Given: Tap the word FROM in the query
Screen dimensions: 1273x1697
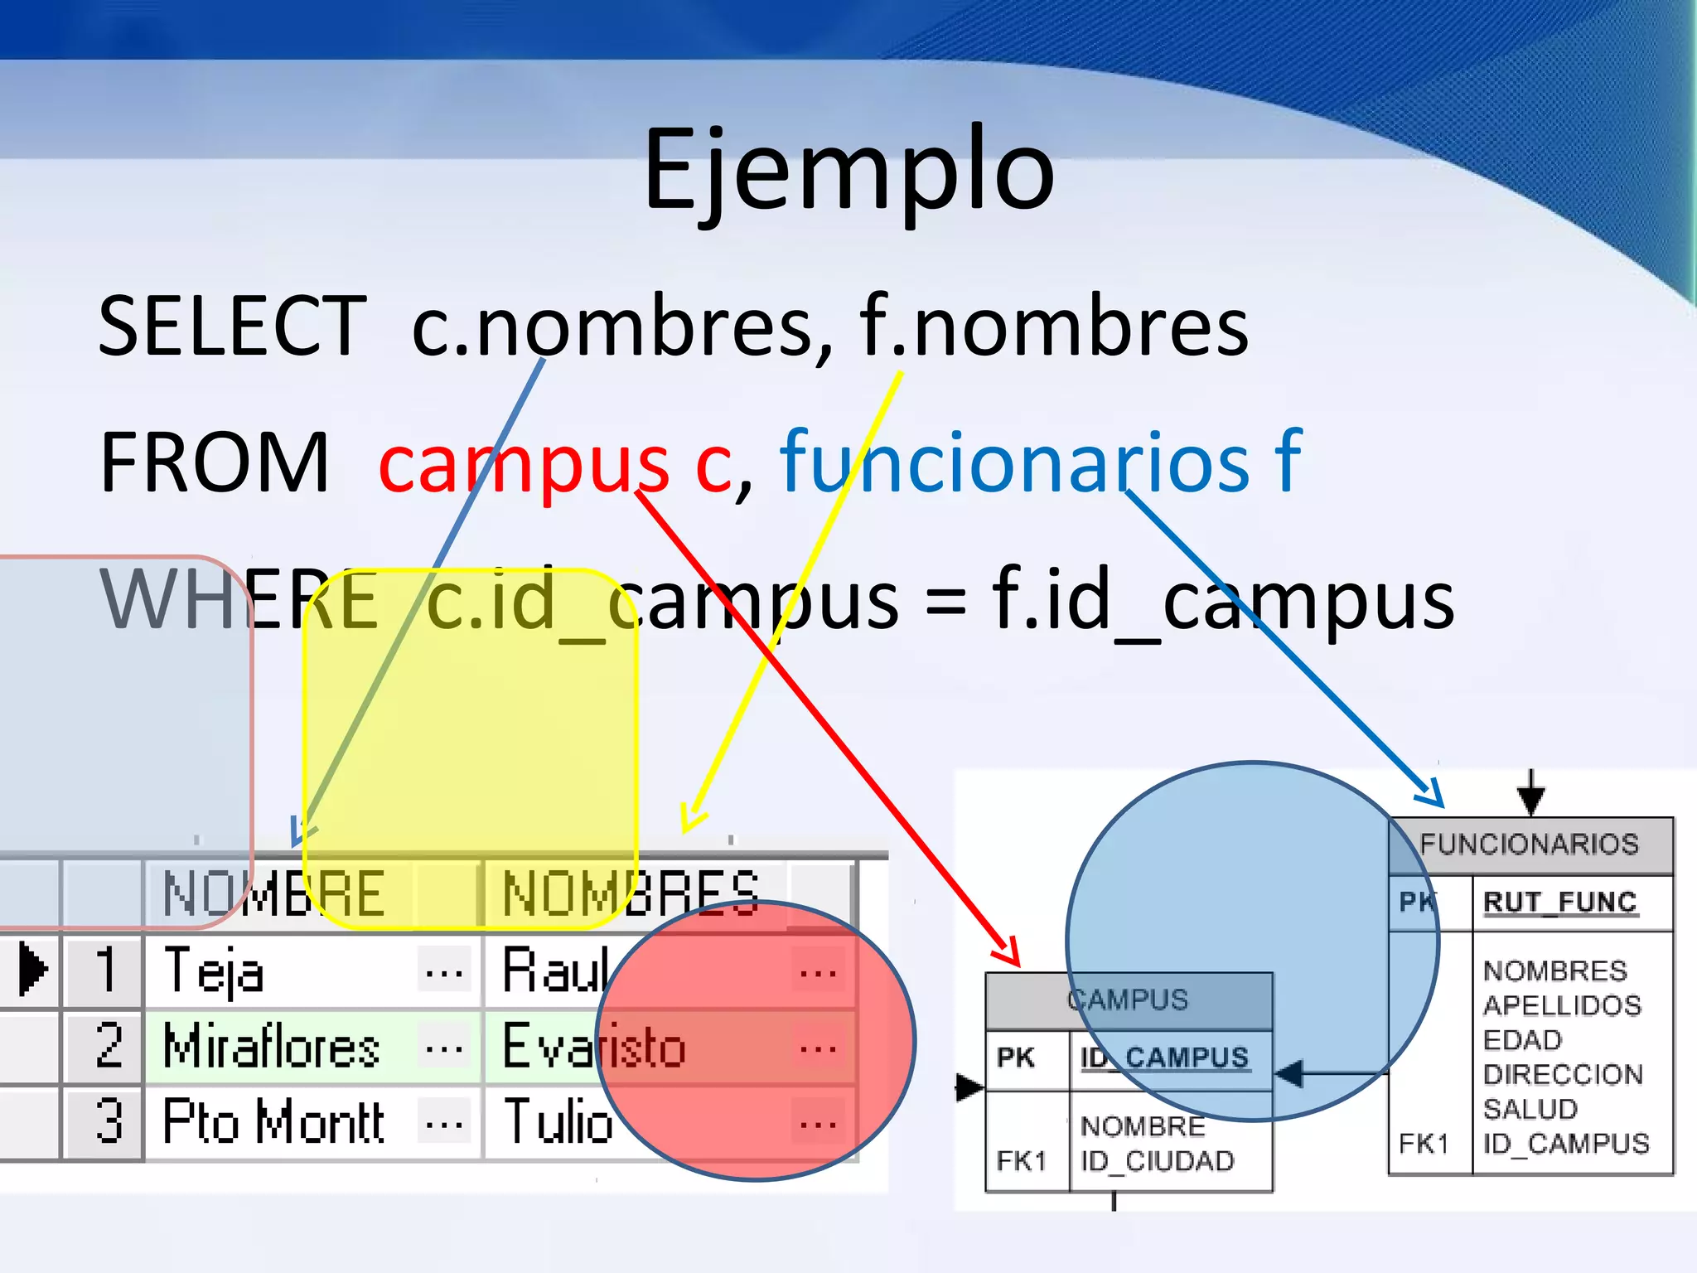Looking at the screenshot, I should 214,462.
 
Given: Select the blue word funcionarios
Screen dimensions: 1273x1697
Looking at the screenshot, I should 1015,462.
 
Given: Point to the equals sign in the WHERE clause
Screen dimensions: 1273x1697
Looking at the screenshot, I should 945,600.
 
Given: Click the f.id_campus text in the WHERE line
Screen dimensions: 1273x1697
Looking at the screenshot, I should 1222,600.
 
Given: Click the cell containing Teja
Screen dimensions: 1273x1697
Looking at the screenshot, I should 214,970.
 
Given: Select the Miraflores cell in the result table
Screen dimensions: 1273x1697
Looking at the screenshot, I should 272,1047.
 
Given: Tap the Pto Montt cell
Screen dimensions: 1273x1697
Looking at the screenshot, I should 273,1122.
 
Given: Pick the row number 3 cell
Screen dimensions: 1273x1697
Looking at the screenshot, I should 107,1122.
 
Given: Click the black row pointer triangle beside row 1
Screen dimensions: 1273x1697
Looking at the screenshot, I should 32,969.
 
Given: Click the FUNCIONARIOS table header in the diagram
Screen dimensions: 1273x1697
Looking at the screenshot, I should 1530,845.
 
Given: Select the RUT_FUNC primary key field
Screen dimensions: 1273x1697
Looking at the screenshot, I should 1559,902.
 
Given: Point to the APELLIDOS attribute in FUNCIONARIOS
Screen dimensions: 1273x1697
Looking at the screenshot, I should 1561,1005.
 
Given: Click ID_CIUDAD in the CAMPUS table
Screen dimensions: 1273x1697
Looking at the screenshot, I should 1157,1161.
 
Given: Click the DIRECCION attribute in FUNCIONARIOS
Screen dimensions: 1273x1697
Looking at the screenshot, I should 1563,1075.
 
